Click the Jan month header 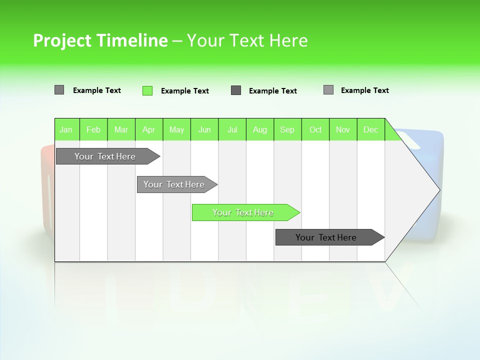pyautogui.click(x=66, y=129)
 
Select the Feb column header pyautogui.click(x=93, y=129)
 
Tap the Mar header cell pyautogui.click(x=121, y=129)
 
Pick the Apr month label pyautogui.click(x=149, y=129)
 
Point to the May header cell pyautogui.click(x=176, y=129)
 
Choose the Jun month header pyautogui.click(x=204, y=129)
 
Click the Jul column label pyautogui.click(x=232, y=129)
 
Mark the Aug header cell pyautogui.click(x=260, y=129)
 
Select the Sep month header pyautogui.click(x=287, y=129)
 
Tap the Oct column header pyautogui.click(x=315, y=129)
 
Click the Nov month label pyautogui.click(x=343, y=129)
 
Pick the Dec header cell pyautogui.click(x=370, y=129)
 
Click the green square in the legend pyautogui.click(x=147, y=90)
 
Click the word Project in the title pyautogui.click(x=62, y=40)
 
